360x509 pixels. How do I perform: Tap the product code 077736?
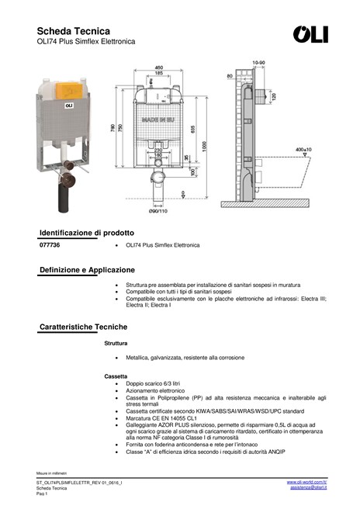coord(50,245)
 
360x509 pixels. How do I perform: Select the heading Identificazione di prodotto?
coord(86,233)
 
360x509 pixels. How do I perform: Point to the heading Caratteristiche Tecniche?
coord(83,327)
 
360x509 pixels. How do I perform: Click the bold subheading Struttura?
coord(116,342)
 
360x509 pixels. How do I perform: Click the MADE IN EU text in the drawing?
coord(157,123)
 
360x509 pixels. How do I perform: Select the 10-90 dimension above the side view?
coord(258,62)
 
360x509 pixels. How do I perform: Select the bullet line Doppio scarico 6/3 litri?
coord(152,383)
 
